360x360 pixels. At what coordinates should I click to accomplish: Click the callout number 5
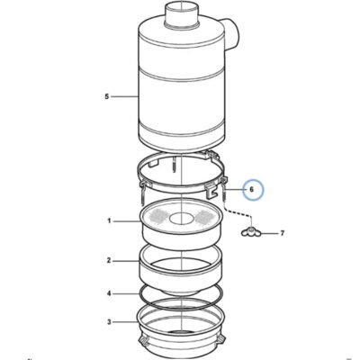point(107,96)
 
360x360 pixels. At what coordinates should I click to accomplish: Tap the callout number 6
point(252,190)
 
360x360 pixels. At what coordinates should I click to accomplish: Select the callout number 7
point(282,233)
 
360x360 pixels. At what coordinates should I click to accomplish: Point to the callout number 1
point(109,221)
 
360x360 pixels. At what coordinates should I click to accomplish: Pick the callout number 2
point(109,260)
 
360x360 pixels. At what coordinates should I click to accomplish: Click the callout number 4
point(109,293)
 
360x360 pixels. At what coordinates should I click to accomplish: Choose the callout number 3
point(109,322)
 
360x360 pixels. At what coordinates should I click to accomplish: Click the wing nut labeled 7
point(250,231)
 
